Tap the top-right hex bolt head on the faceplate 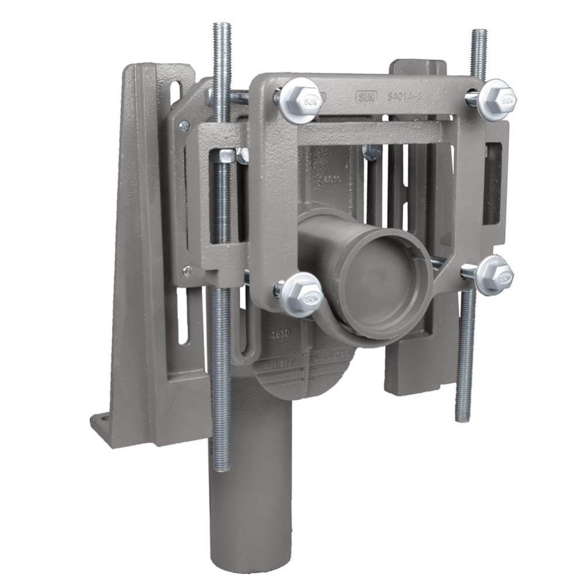(496, 99)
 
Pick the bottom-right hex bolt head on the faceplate (494, 275)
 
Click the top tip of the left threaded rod (222, 26)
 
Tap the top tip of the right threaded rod (479, 33)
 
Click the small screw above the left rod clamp (185, 125)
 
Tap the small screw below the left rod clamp (187, 270)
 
